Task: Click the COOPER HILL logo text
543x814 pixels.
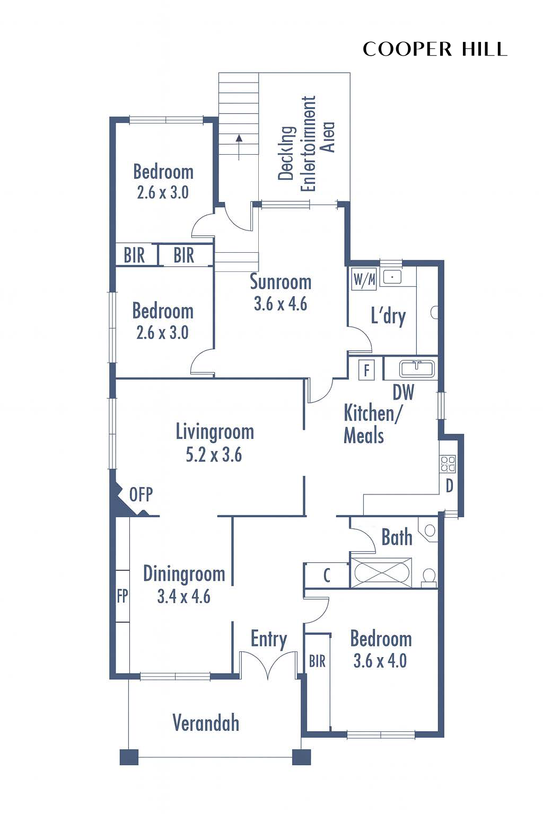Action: click(435, 49)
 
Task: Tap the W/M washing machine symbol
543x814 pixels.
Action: click(364, 279)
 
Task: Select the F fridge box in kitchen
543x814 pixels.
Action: click(366, 370)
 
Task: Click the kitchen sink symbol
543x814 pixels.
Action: click(417, 368)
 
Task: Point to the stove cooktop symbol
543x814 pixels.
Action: click(448, 464)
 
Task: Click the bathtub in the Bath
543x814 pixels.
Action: click(381, 573)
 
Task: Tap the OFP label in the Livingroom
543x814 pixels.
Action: click(141, 494)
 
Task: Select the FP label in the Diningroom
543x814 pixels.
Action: click(122, 596)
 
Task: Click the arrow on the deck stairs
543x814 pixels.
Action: click(239, 147)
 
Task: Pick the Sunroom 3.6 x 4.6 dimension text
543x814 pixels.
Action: click(281, 304)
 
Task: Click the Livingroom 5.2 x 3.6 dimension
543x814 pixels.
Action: click(214, 455)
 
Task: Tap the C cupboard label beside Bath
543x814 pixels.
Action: click(327, 575)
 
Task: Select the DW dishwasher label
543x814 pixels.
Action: click(404, 393)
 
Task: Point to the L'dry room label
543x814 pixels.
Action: click(388, 316)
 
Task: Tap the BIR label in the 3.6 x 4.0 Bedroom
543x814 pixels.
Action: click(317, 661)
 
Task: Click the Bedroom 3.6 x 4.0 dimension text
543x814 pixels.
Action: click(380, 661)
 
